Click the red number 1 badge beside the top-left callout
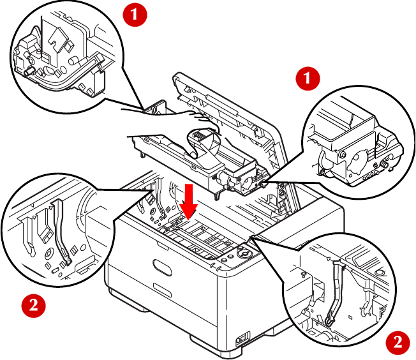tap(135, 14)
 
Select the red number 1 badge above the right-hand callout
tap(308, 79)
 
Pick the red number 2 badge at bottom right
tap(397, 343)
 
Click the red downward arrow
tap(188, 202)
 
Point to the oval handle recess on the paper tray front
tap(162, 267)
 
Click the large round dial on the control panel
tap(244, 253)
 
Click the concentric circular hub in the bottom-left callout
tap(48, 254)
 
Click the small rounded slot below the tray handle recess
tap(162, 290)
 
